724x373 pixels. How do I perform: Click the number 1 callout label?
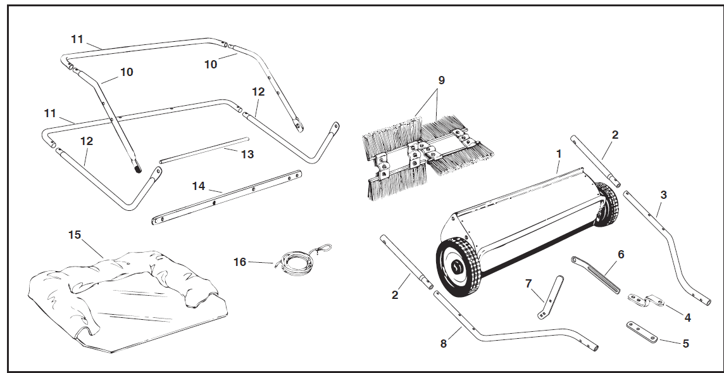click(x=558, y=154)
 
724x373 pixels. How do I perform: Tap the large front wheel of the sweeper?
click(x=458, y=269)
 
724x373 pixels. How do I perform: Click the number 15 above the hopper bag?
click(x=75, y=235)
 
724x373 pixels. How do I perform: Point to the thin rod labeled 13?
click(x=203, y=149)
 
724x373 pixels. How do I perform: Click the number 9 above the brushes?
click(x=441, y=80)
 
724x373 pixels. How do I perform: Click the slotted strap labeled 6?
click(x=595, y=274)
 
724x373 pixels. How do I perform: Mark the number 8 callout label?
click(x=443, y=343)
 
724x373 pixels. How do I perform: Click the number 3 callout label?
click(x=663, y=194)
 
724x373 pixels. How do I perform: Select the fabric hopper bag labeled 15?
click(x=127, y=298)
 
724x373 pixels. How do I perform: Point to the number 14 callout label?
click(x=199, y=186)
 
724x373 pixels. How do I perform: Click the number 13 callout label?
click(x=247, y=154)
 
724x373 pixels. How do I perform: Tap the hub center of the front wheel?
click(x=457, y=269)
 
